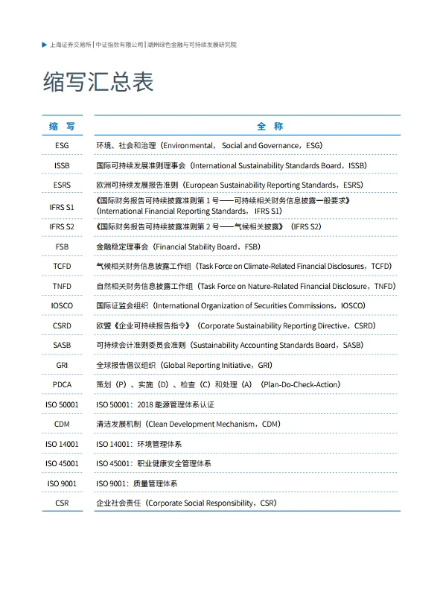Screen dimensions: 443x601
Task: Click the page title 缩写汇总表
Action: point(98,82)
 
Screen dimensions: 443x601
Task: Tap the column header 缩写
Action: point(62,127)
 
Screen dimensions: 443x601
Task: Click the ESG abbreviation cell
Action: point(62,146)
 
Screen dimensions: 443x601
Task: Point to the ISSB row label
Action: point(62,165)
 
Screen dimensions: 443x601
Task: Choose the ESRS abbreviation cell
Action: point(62,185)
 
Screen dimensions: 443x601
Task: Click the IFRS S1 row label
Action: point(62,206)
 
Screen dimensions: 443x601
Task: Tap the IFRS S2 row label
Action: point(62,226)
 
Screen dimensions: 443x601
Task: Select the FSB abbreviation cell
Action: point(62,247)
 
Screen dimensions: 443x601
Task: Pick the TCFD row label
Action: point(62,266)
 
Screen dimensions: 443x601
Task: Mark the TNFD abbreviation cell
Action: point(62,286)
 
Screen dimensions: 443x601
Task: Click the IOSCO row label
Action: point(62,306)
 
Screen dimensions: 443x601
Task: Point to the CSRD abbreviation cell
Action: point(62,325)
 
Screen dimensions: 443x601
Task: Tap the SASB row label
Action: point(62,346)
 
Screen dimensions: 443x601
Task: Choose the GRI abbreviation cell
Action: point(62,366)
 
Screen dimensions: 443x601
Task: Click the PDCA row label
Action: point(62,385)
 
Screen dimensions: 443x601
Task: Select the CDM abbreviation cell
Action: point(62,424)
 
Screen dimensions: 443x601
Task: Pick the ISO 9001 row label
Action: point(62,483)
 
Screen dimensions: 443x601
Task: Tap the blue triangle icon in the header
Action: point(45,45)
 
